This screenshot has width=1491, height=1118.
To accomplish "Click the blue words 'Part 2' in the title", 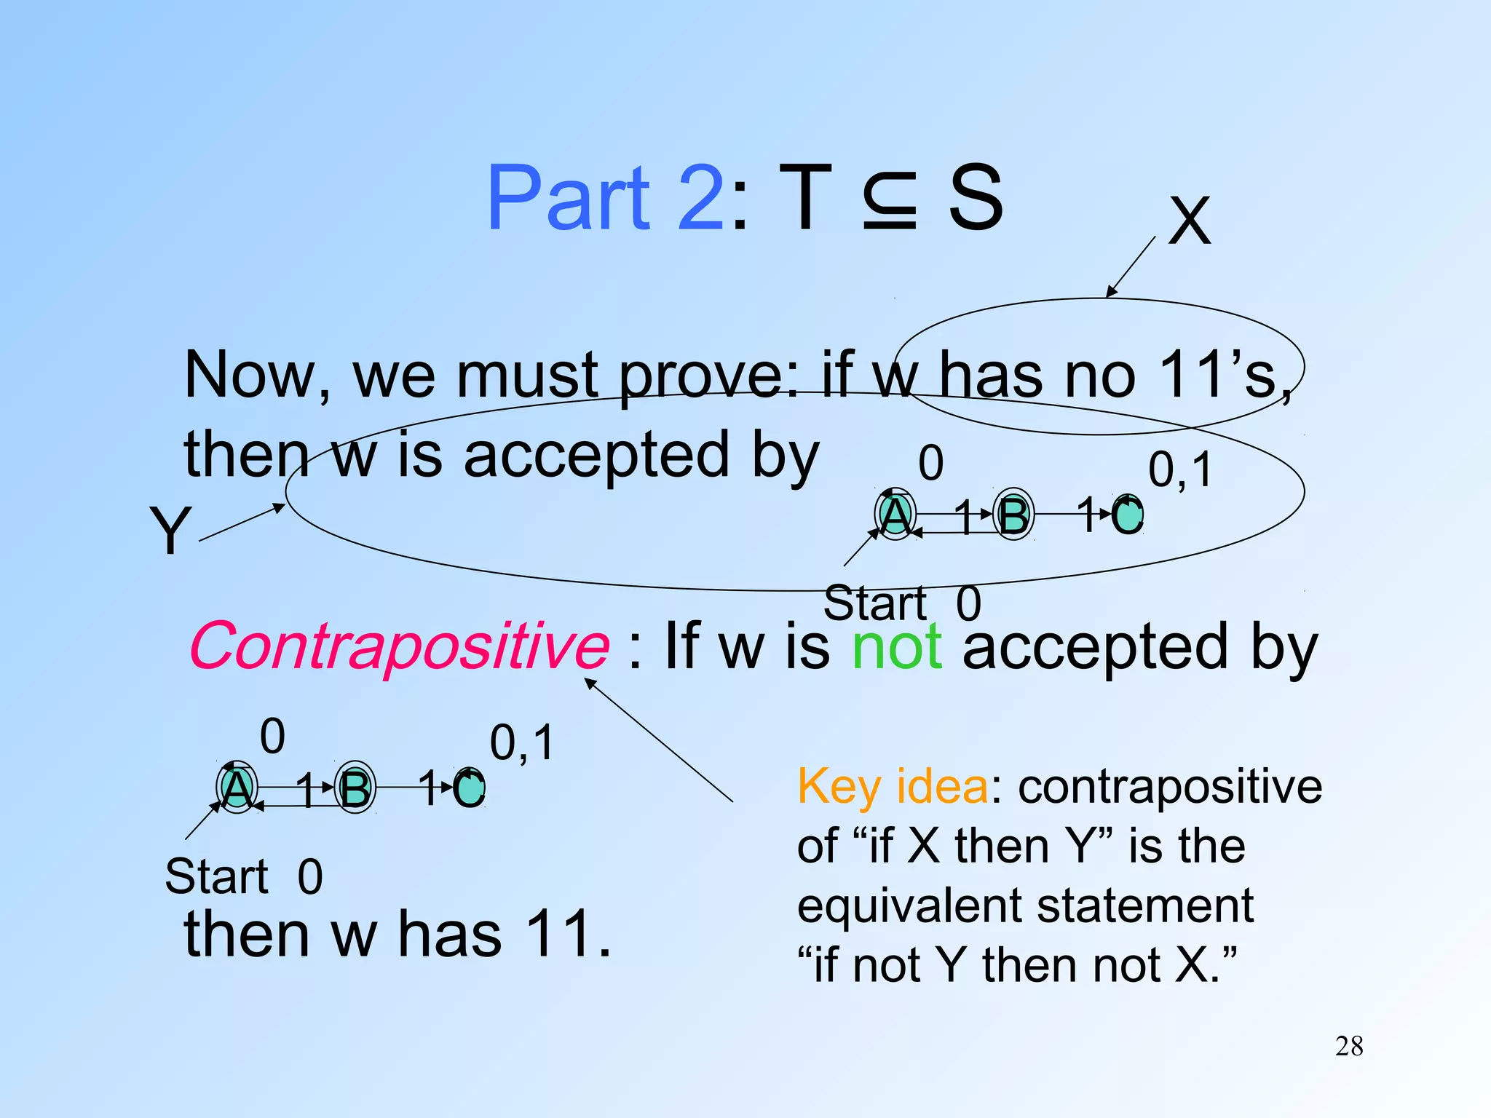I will [605, 198].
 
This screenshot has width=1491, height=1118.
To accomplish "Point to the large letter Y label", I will [170, 531].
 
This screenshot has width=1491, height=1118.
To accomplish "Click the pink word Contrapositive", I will [399, 646].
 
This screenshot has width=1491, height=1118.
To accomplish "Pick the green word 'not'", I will [897, 647].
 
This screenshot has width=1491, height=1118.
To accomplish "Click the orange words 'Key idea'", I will [893, 788].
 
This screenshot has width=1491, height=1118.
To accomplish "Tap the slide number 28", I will [1348, 1047].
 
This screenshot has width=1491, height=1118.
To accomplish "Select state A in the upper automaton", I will [895, 515].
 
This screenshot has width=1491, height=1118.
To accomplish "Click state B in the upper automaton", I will [1013, 515].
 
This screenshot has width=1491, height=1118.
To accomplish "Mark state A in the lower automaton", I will [237, 788].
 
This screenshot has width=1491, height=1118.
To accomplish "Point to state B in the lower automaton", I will [355, 788].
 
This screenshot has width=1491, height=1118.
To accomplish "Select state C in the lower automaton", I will [470, 788].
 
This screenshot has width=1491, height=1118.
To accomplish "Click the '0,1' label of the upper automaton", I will [1180, 469].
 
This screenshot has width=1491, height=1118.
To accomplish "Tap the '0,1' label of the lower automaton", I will [521, 742].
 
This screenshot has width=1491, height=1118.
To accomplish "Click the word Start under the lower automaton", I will [216, 876].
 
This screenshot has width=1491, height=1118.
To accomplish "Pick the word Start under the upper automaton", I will [874, 603].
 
